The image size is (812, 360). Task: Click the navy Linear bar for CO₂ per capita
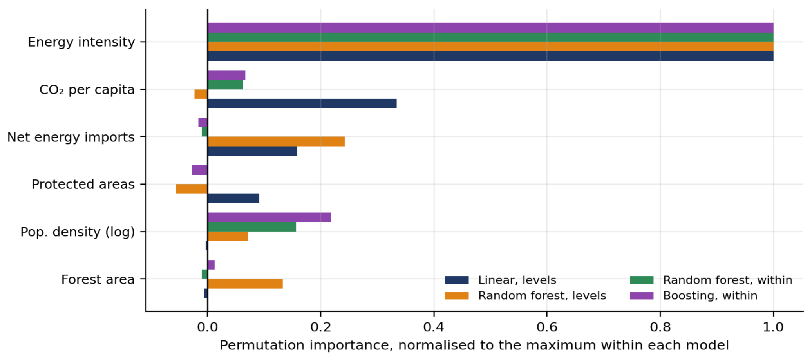point(302,103)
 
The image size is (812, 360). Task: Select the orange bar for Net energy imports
point(276,141)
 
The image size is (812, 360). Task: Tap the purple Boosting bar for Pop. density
point(269,217)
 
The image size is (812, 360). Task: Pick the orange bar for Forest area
point(245,284)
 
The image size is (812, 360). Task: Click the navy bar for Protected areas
point(233,198)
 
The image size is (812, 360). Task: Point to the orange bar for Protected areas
point(192,189)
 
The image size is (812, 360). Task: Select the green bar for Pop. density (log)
point(252,227)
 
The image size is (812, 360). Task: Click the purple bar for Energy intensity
point(490,28)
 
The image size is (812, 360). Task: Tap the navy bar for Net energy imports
point(252,151)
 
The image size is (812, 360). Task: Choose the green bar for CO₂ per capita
point(225,85)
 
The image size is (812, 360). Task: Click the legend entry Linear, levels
point(501,280)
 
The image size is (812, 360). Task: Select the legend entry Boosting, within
point(694,296)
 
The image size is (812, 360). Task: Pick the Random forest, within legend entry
point(711,280)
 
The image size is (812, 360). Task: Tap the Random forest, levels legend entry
point(526,296)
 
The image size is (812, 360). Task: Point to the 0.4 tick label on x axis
point(434,327)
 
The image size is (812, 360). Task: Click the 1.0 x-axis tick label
point(773,327)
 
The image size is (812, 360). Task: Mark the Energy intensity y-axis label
point(81,42)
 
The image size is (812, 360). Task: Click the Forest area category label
point(98,279)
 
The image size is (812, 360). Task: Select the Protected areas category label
point(83,184)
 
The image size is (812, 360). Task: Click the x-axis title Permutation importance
point(474,346)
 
